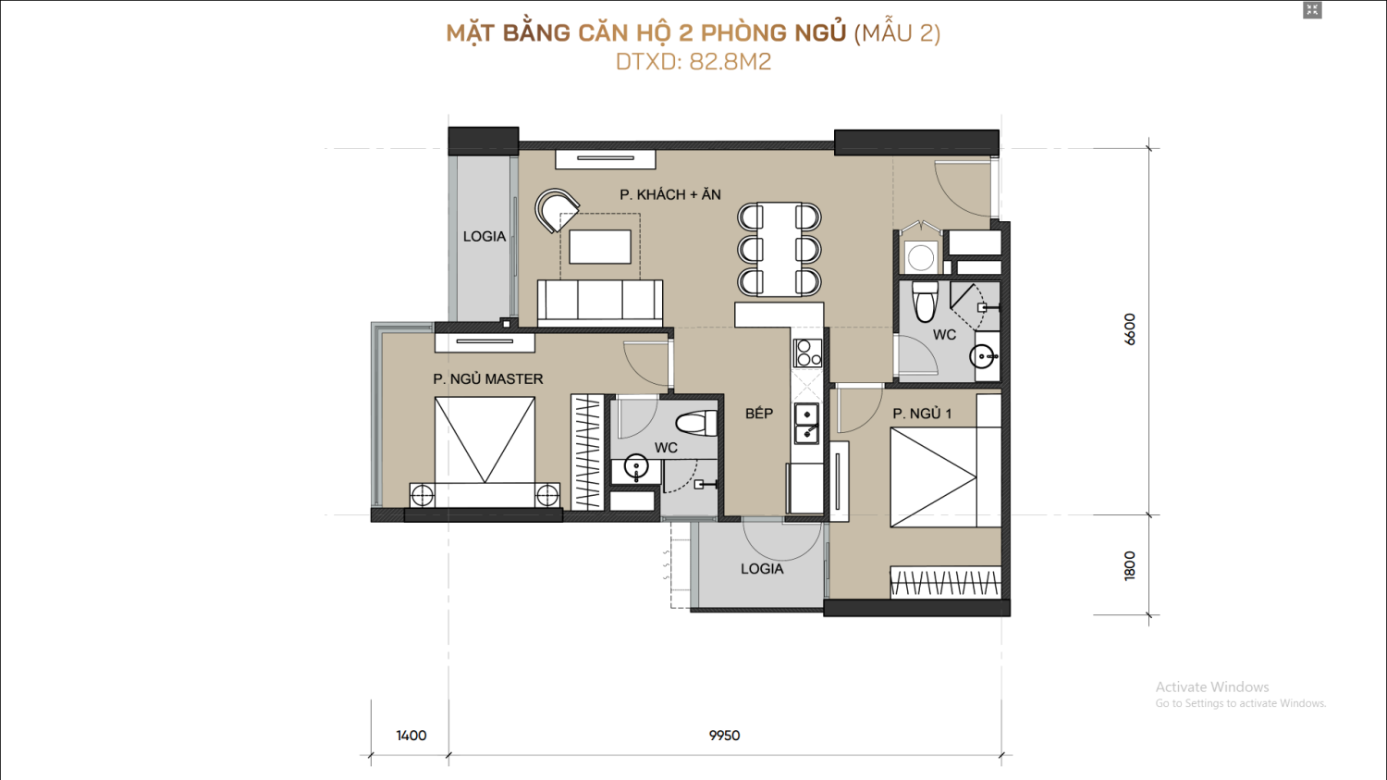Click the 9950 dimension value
pyautogui.click(x=724, y=736)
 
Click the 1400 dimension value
pyautogui.click(x=411, y=736)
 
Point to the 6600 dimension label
pyautogui.click(x=1130, y=329)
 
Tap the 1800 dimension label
pyautogui.click(x=1130, y=565)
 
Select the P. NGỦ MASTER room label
pyautogui.click(x=488, y=379)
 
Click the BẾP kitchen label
pyautogui.click(x=759, y=414)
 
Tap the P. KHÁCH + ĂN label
pyautogui.click(x=670, y=194)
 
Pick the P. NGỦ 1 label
pyautogui.click(x=922, y=414)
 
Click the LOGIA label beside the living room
pyautogui.click(x=485, y=236)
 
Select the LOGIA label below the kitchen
pyautogui.click(x=762, y=569)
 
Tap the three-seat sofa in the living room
pyautogui.click(x=600, y=303)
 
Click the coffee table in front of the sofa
pyautogui.click(x=600, y=246)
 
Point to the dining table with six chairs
pyautogui.click(x=779, y=249)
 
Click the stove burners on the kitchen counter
pyautogui.click(x=807, y=353)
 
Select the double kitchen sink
pyautogui.click(x=807, y=424)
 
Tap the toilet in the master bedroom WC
pyautogui.click(x=696, y=424)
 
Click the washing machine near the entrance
pyautogui.click(x=921, y=257)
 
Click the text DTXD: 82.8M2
pyautogui.click(x=693, y=62)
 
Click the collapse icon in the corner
pyautogui.click(x=1312, y=10)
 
